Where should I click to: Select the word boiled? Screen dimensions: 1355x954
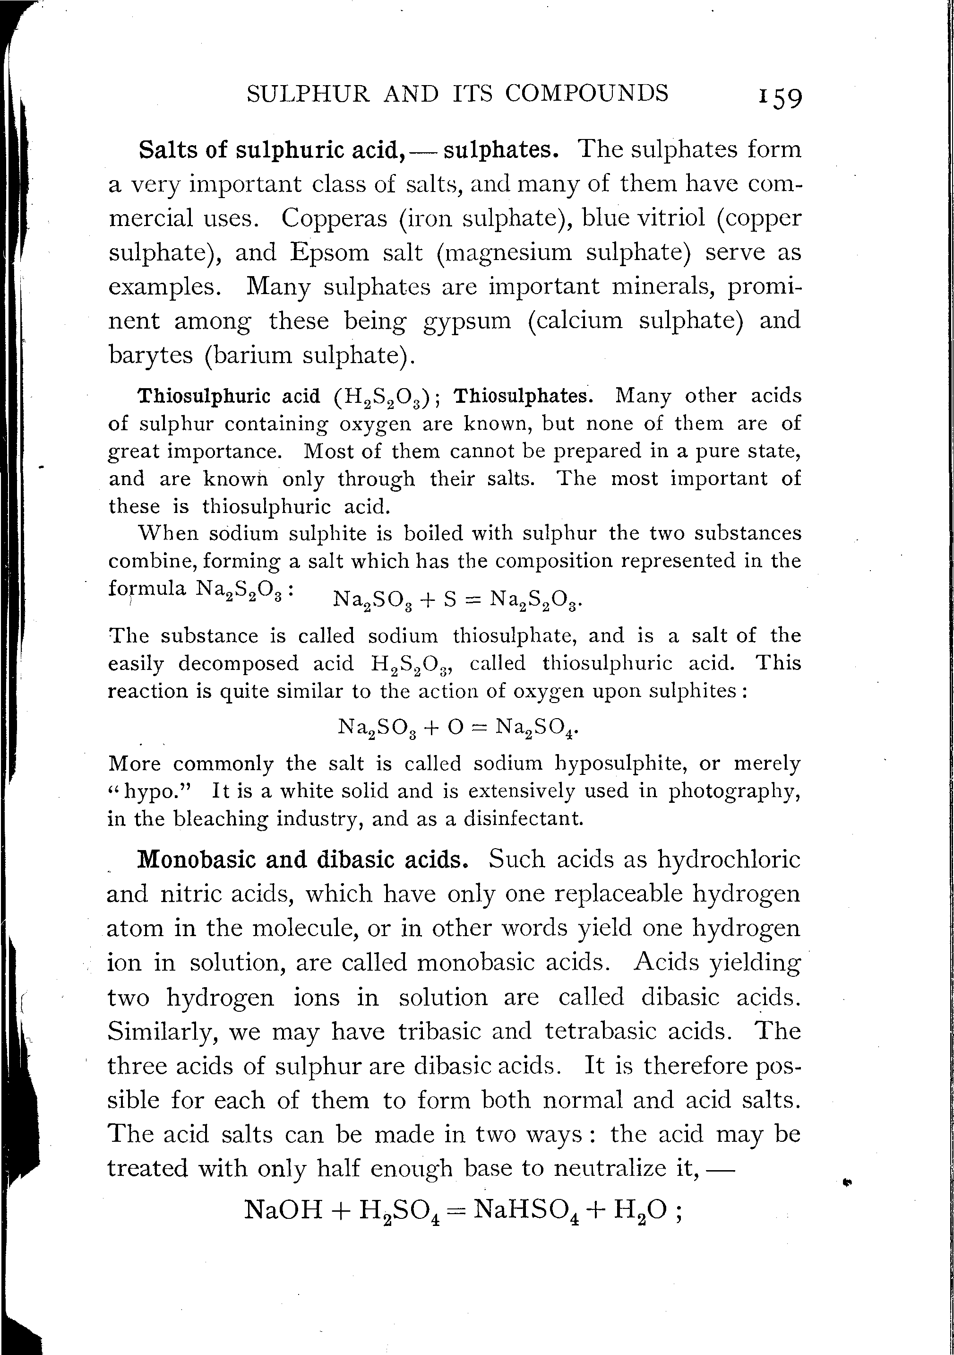(430, 533)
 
